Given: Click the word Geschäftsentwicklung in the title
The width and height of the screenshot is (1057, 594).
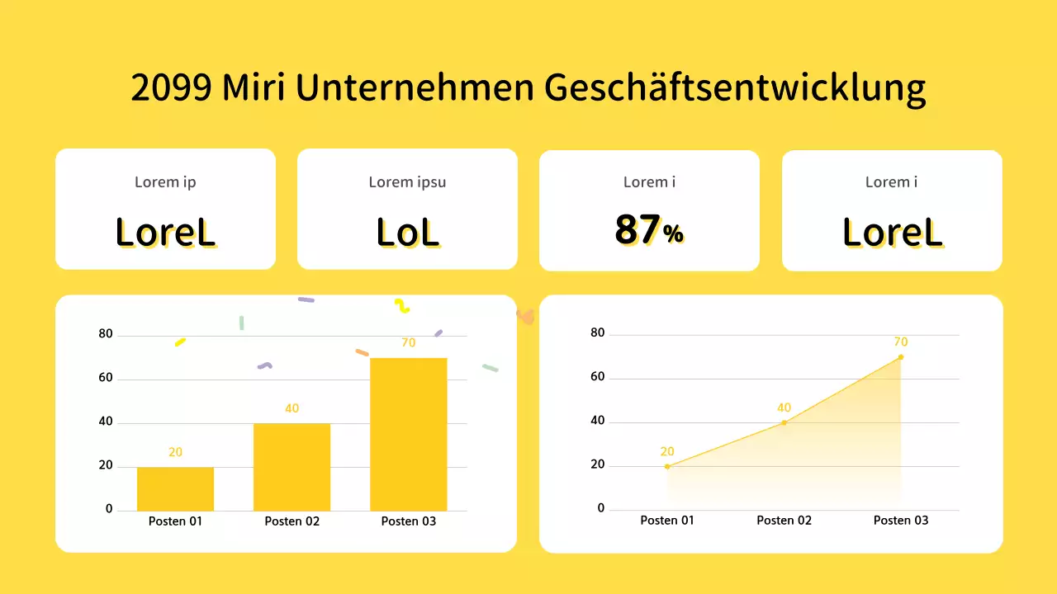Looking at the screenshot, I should click(736, 88).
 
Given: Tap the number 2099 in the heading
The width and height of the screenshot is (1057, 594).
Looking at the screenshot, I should click(172, 88).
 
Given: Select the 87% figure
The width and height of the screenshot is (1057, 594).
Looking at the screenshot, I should click(649, 230).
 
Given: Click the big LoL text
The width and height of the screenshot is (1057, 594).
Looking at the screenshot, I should click(407, 233).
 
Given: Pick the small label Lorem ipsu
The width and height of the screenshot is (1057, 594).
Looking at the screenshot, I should click(407, 182).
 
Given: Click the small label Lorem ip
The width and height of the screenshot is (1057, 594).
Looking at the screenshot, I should click(165, 182).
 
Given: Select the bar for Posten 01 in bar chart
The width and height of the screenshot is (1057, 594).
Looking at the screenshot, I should click(175, 488).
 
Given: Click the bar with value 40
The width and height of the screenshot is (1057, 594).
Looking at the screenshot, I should click(292, 466).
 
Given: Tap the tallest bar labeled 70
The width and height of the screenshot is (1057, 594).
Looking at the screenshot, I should click(408, 433).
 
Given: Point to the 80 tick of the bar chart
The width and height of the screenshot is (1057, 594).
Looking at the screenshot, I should click(105, 334).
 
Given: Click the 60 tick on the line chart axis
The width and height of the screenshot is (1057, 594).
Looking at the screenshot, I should click(598, 377).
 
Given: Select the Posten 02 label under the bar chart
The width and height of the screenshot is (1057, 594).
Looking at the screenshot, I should click(292, 521).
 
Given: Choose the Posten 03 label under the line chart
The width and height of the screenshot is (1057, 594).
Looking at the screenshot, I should click(900, 521).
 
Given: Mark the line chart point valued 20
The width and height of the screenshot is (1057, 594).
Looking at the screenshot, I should click(667, 466).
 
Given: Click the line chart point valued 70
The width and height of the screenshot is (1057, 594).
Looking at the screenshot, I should click(900, 357).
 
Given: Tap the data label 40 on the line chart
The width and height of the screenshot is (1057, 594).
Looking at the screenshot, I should click(784, 408).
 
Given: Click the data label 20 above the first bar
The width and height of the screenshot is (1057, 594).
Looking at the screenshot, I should click(175, 452).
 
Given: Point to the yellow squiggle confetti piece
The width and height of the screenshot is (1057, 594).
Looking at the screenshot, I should click(401, 305).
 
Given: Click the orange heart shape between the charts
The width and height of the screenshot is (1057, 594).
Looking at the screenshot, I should click(526, 316).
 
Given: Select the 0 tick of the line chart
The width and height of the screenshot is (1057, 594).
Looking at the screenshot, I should click(601, 508).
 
